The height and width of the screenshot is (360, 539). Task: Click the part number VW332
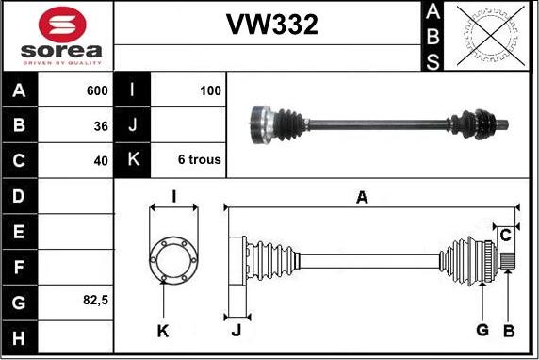tap(272, 25)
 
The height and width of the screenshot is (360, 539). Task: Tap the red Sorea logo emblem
tap(62, 25)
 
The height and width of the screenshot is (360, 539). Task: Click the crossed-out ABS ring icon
tap(491, 36)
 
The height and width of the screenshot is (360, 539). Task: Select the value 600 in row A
tap(97, 90)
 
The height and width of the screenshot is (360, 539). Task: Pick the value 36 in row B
tap(101, 126)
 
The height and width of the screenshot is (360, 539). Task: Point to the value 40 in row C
tap(101, 160)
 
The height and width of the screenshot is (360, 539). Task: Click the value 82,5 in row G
tap(95, 301)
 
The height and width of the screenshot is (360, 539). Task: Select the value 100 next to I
tap(210, 90)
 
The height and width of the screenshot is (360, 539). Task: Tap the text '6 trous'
tap(200, 159)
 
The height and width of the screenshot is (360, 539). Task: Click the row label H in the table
tap(19, 338)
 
